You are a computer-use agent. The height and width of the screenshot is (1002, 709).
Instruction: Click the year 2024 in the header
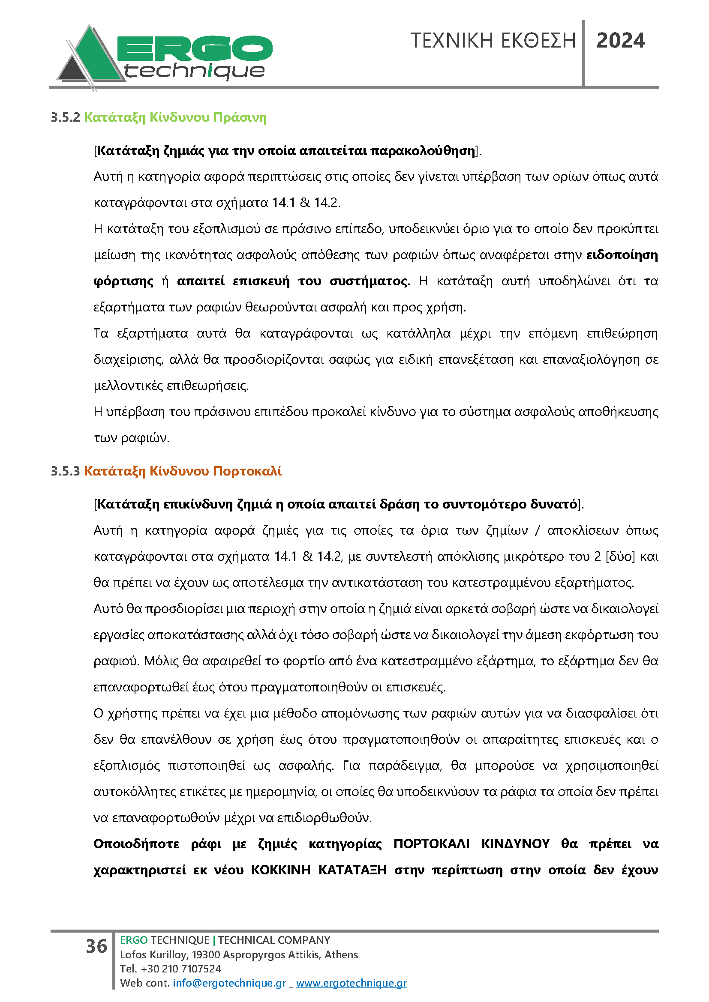tap(620, 41)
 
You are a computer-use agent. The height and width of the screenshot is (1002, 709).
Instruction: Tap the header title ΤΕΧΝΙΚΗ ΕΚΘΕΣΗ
tap(493, 41)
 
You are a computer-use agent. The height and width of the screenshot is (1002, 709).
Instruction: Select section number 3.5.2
tap(66, 117)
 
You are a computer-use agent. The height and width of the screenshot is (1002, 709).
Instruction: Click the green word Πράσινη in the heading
tap(240, 117)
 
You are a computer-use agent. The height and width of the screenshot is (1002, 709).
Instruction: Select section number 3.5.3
tap(66, 471)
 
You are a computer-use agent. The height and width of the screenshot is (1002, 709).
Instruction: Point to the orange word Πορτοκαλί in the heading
tap(247, 471)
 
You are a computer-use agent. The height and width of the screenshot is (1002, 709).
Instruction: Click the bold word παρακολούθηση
tap(423, 151)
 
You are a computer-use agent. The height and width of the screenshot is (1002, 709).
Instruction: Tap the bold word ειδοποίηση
tap(622, 255)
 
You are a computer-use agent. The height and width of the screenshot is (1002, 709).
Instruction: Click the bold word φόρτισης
tap(123, 281)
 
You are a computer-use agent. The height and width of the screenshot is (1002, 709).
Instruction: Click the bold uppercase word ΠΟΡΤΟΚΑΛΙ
tap(431, 844)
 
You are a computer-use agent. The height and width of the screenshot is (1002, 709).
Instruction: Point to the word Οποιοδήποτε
tap(136, 844)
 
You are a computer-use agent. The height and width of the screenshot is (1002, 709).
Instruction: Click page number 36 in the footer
tap(96, 946)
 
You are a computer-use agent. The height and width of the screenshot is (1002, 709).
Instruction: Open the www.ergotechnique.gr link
tap(351, 983)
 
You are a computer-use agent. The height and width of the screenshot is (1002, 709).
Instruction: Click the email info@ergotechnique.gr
tap(229, 983)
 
